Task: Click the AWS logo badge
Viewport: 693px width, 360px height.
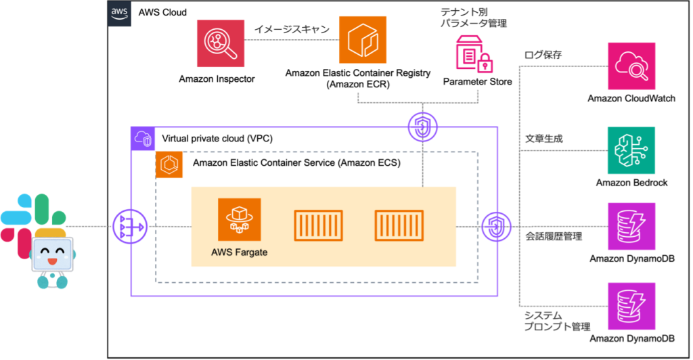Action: pyautogui.click(x=120, y=14)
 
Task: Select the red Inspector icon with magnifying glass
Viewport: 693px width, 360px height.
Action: pyautogui.click(x=221, y=43)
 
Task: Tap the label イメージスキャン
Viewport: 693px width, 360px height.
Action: pyautogui.click(x=292, y=30)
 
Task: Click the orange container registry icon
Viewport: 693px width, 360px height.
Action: pyautogui.click(x=363, y=40)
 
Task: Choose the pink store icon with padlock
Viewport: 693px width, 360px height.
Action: pyautogui.click(x=473, y=54)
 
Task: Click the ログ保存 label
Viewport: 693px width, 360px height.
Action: pyautogui.click(x=543, y=55)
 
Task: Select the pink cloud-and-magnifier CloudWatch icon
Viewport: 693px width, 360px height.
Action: pyautogui.click(x=631, y=66)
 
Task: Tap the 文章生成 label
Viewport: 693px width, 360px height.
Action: pyautogui.click(x=544, y=139)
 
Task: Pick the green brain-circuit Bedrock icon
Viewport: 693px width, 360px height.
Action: pyautogui.click(x=631, y=150)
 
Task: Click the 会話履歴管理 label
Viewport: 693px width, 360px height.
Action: pyautogui.click(x=554, y=237)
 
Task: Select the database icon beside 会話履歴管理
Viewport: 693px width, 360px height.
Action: pyautogui.click(x=631, y=226)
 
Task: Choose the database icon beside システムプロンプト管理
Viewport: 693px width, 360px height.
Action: pyautogui.click(x=631, y=307)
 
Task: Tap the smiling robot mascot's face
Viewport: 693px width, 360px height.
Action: pyautogui.click(x=52, y=254)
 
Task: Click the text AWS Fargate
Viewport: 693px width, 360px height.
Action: pyautogui.click(x=239, y=252)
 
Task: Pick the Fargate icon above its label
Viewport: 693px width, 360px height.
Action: pyautogui.click(x=239, y=219)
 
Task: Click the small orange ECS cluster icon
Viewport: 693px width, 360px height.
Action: pyautogui.click(x=169, y=164)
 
